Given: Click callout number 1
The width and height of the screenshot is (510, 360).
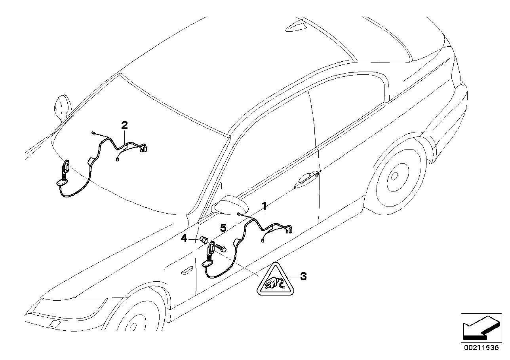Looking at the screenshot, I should (264, 205).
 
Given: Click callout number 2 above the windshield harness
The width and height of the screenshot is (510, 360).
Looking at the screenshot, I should (124, 126).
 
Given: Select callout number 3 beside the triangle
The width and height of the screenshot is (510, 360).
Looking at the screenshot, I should (303, 277).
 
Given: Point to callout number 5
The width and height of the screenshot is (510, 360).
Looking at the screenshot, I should (223, 227).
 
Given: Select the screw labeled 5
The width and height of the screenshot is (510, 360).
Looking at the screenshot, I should (221, 248).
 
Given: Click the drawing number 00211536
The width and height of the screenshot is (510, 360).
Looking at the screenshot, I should (481, 348).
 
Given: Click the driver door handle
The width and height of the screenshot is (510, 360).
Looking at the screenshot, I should (306, 179).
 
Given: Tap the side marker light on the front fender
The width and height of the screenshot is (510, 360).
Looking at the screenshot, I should (186, 271).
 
